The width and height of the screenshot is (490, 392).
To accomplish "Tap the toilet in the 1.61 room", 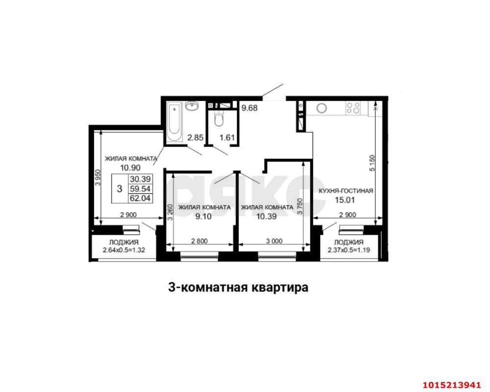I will (x=219, y=119).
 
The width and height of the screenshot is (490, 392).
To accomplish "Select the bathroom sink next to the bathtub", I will (x=193, y=106).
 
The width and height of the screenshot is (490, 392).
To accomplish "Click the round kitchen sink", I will (x=322, y=108).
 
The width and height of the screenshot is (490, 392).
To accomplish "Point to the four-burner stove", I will (x=353, y=107).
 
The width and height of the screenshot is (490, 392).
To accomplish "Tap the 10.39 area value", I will (x=267, y=216).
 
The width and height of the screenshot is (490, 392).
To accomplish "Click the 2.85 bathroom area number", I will (x=196, y=137).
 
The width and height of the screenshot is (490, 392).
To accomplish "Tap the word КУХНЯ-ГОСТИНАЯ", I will (x=346, y=191).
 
